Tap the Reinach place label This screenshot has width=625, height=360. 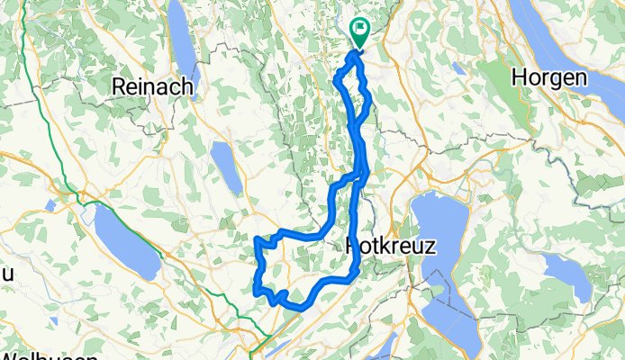[148, 85]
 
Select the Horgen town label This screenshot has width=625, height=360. [549, 78]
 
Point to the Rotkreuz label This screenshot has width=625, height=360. [391, 247]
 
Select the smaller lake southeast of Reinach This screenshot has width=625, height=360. [226, 166]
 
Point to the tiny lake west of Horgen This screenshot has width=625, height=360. [458, 67]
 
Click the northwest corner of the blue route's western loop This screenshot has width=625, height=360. [258, 239]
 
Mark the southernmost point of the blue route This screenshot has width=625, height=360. [293, 306]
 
